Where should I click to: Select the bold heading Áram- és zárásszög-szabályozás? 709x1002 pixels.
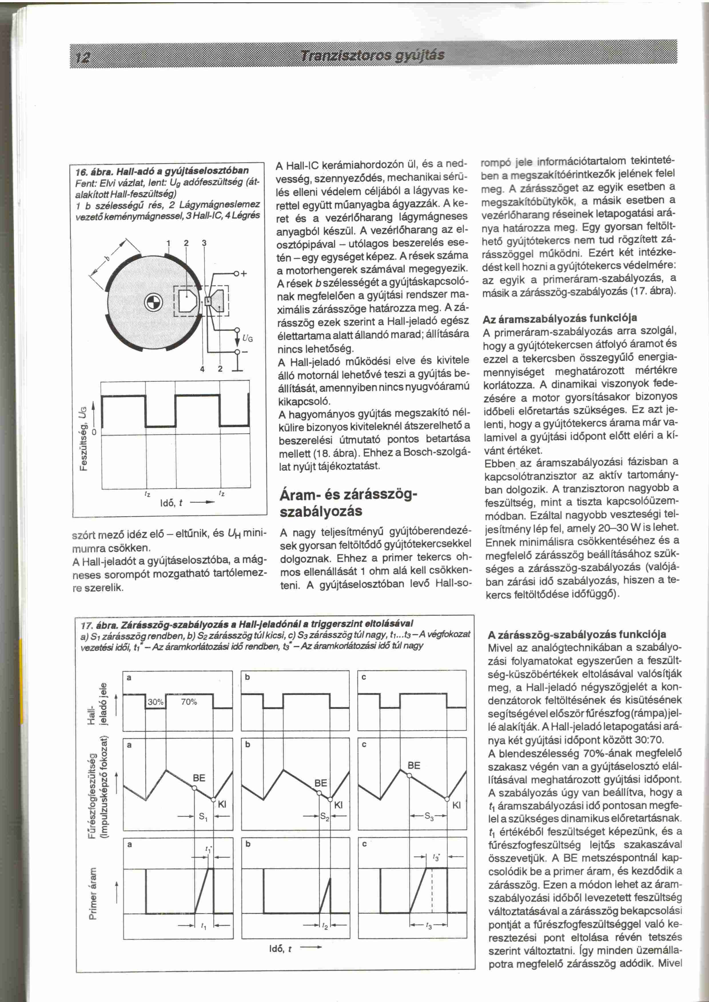pos(348,503)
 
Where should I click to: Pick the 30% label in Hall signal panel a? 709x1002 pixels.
pos(156,702)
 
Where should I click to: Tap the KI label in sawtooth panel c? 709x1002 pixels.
pos(457,806)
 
